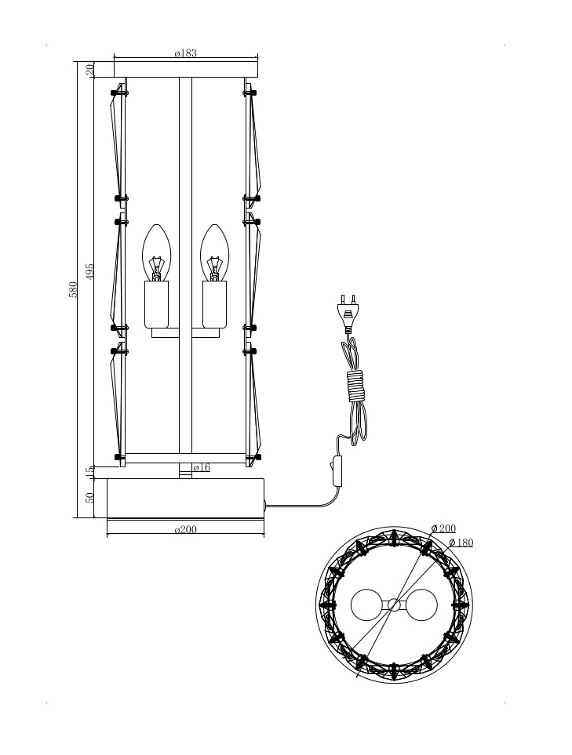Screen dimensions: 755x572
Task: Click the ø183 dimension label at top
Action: (x=186, y=53)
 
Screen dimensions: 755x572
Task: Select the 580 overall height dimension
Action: (x=73, y=289)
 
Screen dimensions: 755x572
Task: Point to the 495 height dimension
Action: (x=90, y=271)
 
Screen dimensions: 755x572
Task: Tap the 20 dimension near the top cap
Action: (x=90, y=69)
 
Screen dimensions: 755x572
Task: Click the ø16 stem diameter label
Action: (x=202, y=467)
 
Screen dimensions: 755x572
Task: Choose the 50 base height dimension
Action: (x=90, y=497)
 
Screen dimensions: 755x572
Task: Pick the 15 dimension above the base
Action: (x=90, y=472)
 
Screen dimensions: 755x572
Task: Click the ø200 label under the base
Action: (x=186, y=530)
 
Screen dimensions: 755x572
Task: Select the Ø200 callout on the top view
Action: (x=443, y=528)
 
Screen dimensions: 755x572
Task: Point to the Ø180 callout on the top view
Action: (x=461, y=543)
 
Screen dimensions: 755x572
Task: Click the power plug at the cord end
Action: (x=348, y=310)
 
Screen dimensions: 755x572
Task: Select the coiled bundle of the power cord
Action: (x=356, y=387)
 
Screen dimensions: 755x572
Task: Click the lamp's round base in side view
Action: (x=185, y=498)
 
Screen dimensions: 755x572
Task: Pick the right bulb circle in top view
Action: (x=420, y=605)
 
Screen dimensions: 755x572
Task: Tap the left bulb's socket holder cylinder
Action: (x=157, y=303)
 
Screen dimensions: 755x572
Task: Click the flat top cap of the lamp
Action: (x=186, y=71)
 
